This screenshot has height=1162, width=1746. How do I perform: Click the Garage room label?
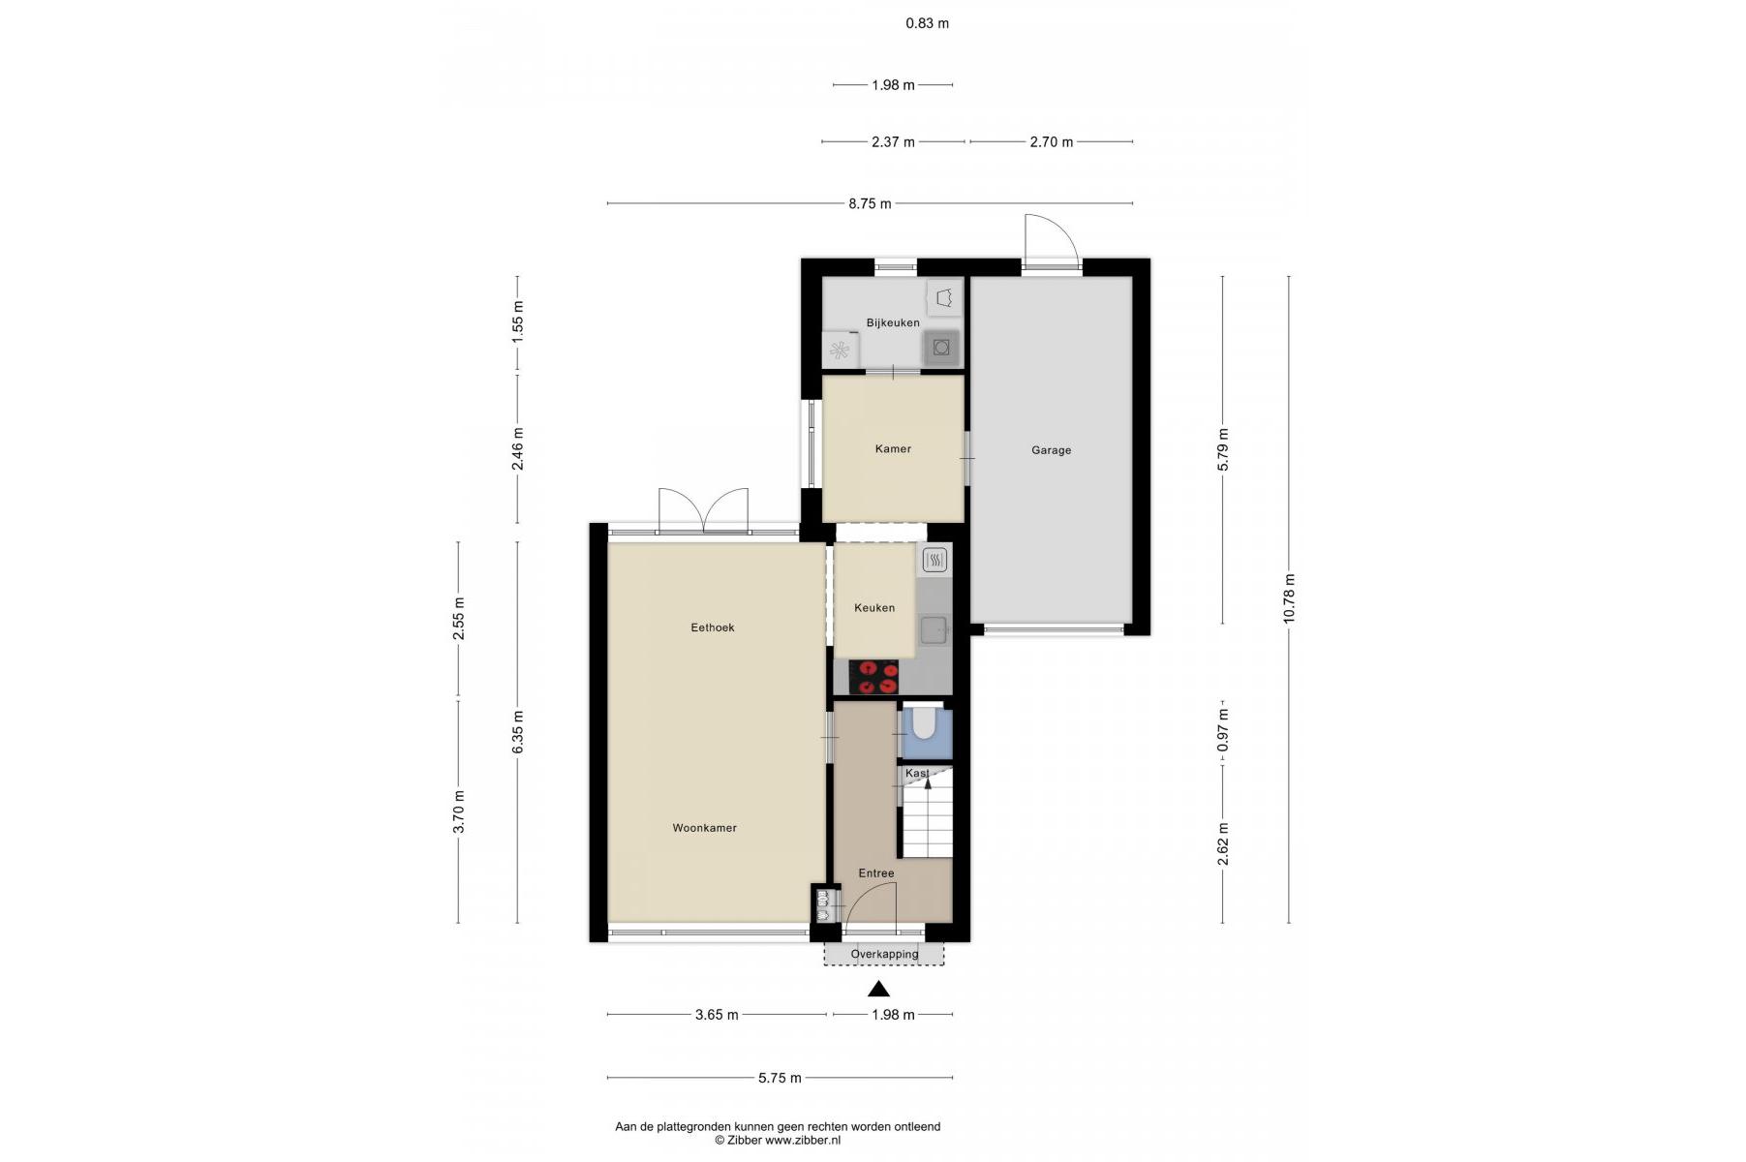click(1051, 450)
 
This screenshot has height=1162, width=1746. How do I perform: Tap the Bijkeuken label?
click(893, 323)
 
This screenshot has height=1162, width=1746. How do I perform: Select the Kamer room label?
click(893, 449)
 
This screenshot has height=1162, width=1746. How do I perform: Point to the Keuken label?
click(874, 608)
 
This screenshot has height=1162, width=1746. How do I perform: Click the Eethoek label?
click(713, 627)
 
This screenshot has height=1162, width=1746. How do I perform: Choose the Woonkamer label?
click(705, 828)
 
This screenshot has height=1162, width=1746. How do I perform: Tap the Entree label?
click(876, 873)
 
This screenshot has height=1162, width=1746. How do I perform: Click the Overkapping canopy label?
click(884, 954)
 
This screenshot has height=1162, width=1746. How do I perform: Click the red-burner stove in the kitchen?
click(874, 677)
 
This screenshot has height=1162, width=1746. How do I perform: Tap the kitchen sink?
click(934, 631)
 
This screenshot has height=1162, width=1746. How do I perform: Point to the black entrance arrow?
click(878, 989)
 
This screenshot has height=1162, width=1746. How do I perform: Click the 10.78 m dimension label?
click(1289, 598)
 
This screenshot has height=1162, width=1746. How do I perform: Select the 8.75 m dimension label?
click(870, 203)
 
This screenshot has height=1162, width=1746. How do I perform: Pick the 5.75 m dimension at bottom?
click(780, 1078)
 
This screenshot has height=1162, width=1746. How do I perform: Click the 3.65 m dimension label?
click(717, 1015)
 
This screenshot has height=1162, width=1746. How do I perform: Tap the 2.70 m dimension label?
click(1051, 142)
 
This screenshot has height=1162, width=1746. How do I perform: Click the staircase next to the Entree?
click(928, 819)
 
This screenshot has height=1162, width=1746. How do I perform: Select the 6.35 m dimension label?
click(518, 732)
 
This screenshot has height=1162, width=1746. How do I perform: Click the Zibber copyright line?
click(778, 1141)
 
